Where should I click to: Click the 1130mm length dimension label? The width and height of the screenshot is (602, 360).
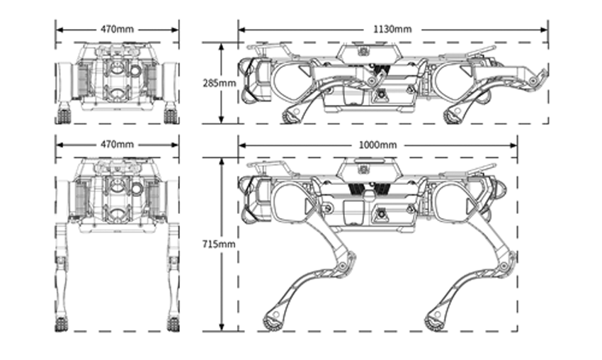pyautogui.click(x=392, y=29)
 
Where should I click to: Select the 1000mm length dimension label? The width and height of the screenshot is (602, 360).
pyautogui.click(x=377, y=145)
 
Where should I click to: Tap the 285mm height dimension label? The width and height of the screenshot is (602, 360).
pyautogui.click(x=219, y=83)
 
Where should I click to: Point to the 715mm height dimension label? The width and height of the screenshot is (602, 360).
pyautogui.click(x=219, y=244)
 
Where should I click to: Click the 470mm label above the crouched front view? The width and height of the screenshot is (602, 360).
pyautogui.click(x=117, y=29)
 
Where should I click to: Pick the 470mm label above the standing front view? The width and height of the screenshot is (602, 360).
pyautogui.click(x=117, y=145)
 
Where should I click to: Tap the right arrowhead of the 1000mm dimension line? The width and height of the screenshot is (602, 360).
pyautogui.click(x=513, y=145)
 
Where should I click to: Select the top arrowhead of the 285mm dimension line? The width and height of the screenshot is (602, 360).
pyautogui.click(x=221, y=47)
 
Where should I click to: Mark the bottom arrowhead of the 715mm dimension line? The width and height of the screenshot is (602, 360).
pyautogui.click(x=221, y=327)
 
